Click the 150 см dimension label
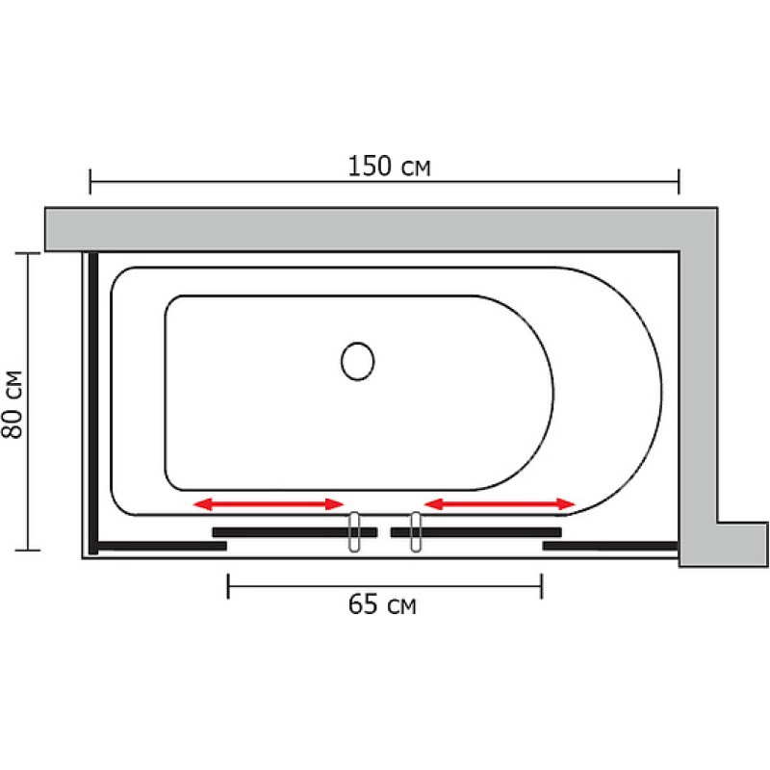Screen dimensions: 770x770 [x=389, y=166]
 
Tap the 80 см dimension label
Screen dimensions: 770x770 [x=13, y=404]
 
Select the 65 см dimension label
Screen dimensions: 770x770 [x=382, y=604]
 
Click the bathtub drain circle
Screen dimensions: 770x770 [x=357, y=361]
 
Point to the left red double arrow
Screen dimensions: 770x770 [x=269, y=503]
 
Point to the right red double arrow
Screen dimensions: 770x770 [x=500, y=503]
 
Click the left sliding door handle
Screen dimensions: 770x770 [x=354, y=532]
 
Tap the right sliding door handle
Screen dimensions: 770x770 [x=416, y=532]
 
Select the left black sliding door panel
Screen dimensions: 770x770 [x=295, y=532]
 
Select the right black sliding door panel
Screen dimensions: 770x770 [x=476, y=532]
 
